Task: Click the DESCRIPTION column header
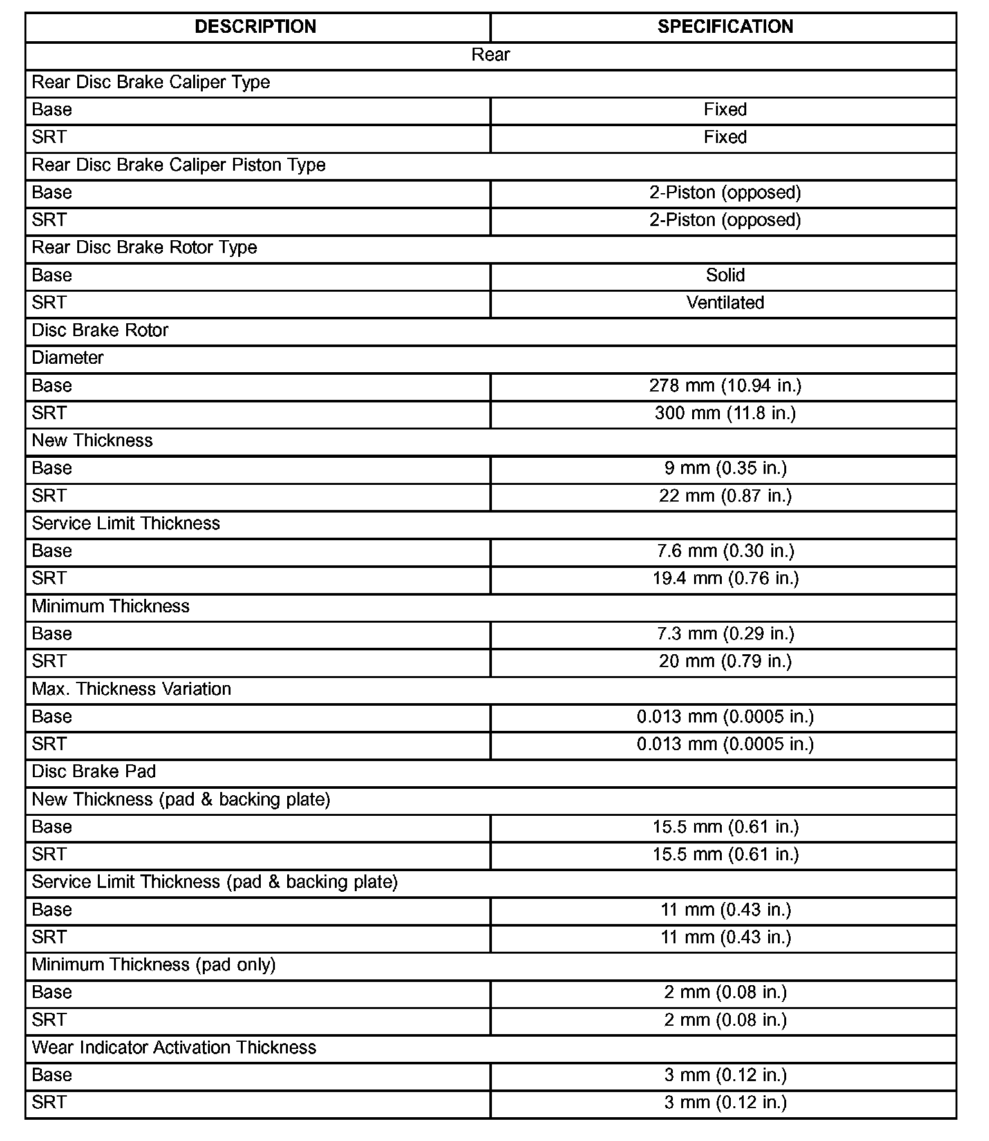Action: coord(256,26)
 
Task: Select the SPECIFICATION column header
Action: coord(725,26)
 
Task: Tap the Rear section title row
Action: coord(491,55)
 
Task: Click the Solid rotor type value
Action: coord(725,276)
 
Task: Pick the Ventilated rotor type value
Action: coord(725,303)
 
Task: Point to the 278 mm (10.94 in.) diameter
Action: coord(725,386)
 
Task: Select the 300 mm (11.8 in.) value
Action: coord(725,413)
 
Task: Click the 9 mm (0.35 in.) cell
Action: coord(725,468)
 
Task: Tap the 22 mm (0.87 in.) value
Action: coord(725,496)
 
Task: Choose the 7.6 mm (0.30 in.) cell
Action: coord(725,551)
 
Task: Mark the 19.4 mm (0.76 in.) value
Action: coord(725,579)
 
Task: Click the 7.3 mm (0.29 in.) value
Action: coord(725,634)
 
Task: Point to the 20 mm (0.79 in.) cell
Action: coord(725,661)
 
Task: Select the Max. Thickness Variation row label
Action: coord(131,689)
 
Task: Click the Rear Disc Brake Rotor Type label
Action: coord(144,248)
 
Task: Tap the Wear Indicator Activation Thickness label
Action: coord(174,1048)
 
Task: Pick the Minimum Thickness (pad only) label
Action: coord(154,965)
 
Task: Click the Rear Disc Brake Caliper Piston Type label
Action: coord(178,165)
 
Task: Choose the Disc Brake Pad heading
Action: coord(94,771)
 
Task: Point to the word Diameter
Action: coord(68,358)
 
